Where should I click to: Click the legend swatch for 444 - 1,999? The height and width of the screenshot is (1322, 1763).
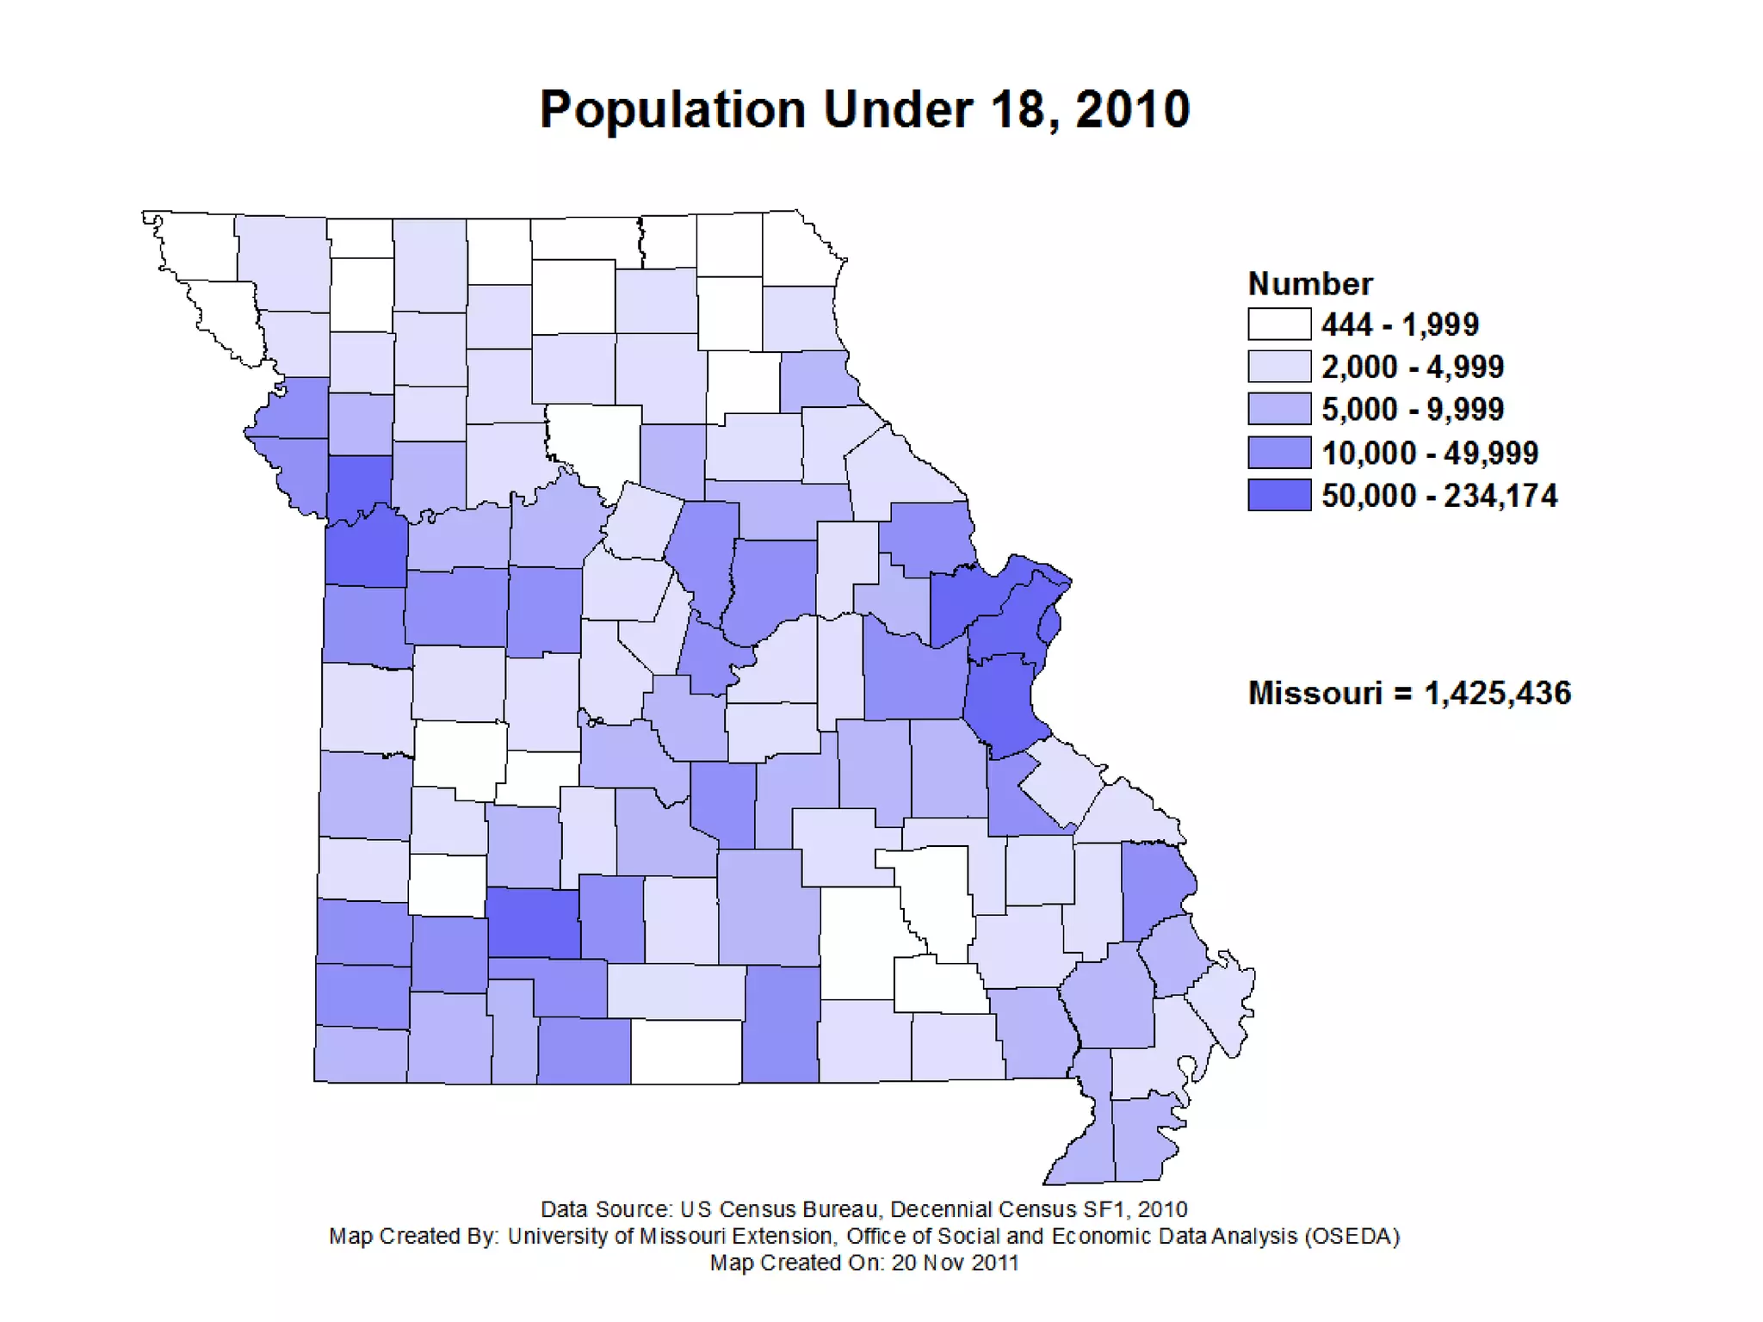(x=1279, y=324)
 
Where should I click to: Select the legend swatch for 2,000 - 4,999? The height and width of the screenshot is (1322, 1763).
(x=1279, y=367)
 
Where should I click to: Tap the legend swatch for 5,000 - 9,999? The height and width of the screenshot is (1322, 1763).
(x=1279, y=409)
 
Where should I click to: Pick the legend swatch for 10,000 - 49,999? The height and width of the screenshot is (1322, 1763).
(x=1279, y=452)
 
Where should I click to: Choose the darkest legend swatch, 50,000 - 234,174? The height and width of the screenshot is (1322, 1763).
(x=1279, y=495)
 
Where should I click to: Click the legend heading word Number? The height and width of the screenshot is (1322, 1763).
(x=1309, y=284)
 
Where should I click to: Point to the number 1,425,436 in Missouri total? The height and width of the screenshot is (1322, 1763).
(x=1497, y=693)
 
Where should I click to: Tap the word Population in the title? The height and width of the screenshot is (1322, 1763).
(x=672, y=110)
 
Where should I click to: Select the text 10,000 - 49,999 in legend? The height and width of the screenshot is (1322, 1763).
(x=1429, y=453)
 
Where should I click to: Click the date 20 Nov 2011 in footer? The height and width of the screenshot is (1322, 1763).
(x=955, y=1263)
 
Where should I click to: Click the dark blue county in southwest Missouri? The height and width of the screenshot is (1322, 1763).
(x=534, y=924)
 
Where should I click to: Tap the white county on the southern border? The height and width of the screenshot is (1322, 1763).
(x=686, y=1051)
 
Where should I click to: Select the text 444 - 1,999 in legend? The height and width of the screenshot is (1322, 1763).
(x=1400, y=324)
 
